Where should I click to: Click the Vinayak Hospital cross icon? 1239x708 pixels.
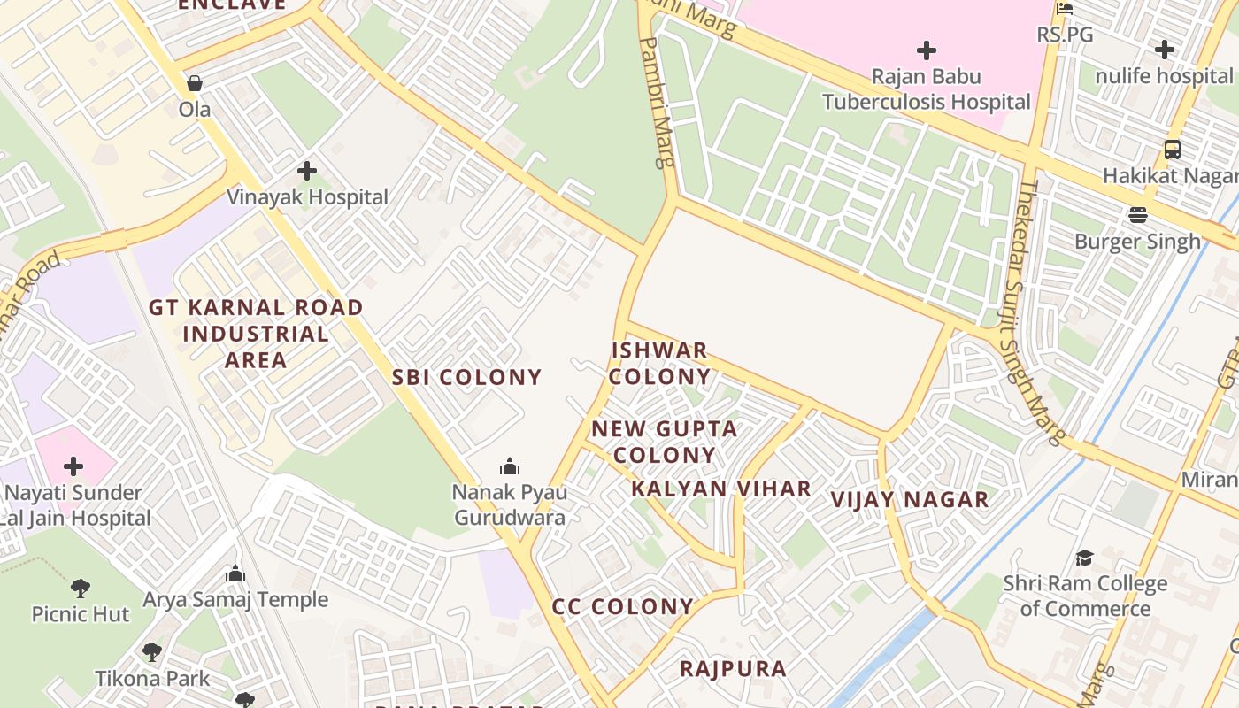click(307, 170)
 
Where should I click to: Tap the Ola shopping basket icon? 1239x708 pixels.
click(195, 83)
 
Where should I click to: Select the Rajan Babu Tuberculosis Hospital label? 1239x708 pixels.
click(926, 89)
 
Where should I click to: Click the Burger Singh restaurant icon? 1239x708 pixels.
click(1137, 215)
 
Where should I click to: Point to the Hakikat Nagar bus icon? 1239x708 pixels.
click(1173, 150)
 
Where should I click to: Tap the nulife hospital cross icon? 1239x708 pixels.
click(1165, 50)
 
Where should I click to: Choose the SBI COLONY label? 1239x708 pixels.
click(466, 377)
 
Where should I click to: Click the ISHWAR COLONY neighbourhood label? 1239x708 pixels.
click(660, 363)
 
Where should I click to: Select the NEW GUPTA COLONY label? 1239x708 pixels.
click(664, 442)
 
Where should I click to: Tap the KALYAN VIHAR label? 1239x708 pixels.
click(721, 489)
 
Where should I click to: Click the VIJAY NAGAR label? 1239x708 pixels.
click(910, 500)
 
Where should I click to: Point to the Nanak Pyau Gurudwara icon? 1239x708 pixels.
click(510, 466)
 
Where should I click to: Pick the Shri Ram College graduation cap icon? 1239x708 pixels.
click(1084, 558)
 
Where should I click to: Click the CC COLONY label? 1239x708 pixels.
click(622, 607)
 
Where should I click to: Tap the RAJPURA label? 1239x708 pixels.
click(733, 668)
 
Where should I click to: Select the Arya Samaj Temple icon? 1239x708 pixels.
click(235, 573)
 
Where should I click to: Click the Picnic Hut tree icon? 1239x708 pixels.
click(81, 588)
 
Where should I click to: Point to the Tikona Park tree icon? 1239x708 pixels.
click(152, 653)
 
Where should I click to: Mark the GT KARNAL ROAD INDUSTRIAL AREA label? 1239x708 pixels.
click(256, 334)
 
